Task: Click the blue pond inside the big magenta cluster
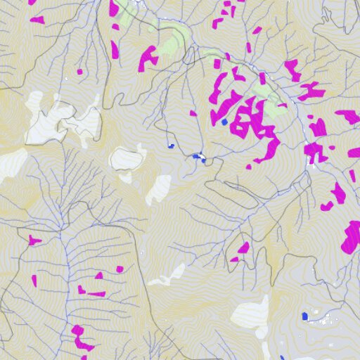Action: pos(224,122)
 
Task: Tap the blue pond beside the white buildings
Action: pos(305,316)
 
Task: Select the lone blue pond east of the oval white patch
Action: pos(170,146)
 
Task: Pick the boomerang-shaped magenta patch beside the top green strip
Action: pos(147,58)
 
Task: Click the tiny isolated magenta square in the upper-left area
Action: pos(79,71)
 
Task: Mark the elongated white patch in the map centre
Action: pos(159,188)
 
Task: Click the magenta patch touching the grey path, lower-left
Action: pos(34,241)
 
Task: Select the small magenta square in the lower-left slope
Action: pos(120,269)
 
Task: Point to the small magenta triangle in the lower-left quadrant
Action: pos(34,281)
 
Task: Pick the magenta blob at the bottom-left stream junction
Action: pos(82,337)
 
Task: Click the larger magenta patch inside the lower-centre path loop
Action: pos(243,248)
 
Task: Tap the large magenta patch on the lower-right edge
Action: pos(351,238)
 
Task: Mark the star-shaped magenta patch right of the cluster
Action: pos(318,152)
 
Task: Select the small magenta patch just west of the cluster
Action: pos(193,112)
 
